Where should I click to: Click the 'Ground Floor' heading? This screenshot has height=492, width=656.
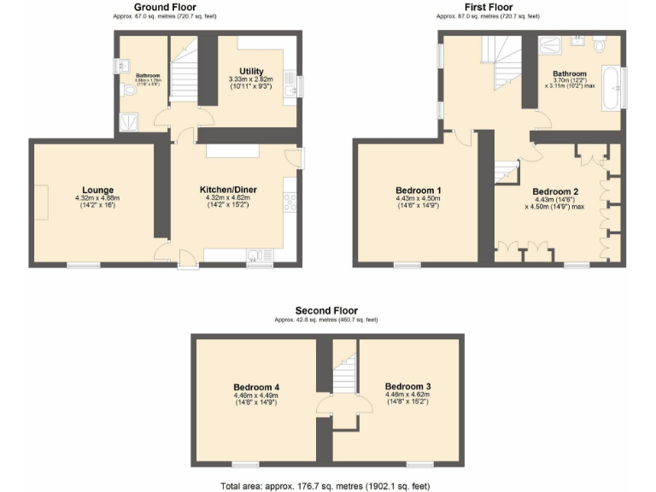(x=165, y=7)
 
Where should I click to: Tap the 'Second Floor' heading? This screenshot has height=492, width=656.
(x=326, y=311)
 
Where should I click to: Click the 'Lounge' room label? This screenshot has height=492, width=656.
(x=98, y=190)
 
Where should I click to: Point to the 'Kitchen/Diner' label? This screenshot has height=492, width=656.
(x=228, y=190)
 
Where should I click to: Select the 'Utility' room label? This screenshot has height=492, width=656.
(x=252, y=72)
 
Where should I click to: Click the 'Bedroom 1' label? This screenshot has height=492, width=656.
(x=419, y=190)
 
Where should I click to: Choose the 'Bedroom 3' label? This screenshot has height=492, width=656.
(x=407, y=386)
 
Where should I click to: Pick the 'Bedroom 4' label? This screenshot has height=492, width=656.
(x=257, y=387)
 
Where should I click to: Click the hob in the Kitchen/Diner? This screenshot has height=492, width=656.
(x=290, y=202)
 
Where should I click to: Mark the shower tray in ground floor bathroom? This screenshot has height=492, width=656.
(x=129, y=122)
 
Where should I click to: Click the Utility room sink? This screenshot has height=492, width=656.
(x=290, y=88)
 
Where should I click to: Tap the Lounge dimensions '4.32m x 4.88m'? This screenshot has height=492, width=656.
(x=97, y=198)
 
